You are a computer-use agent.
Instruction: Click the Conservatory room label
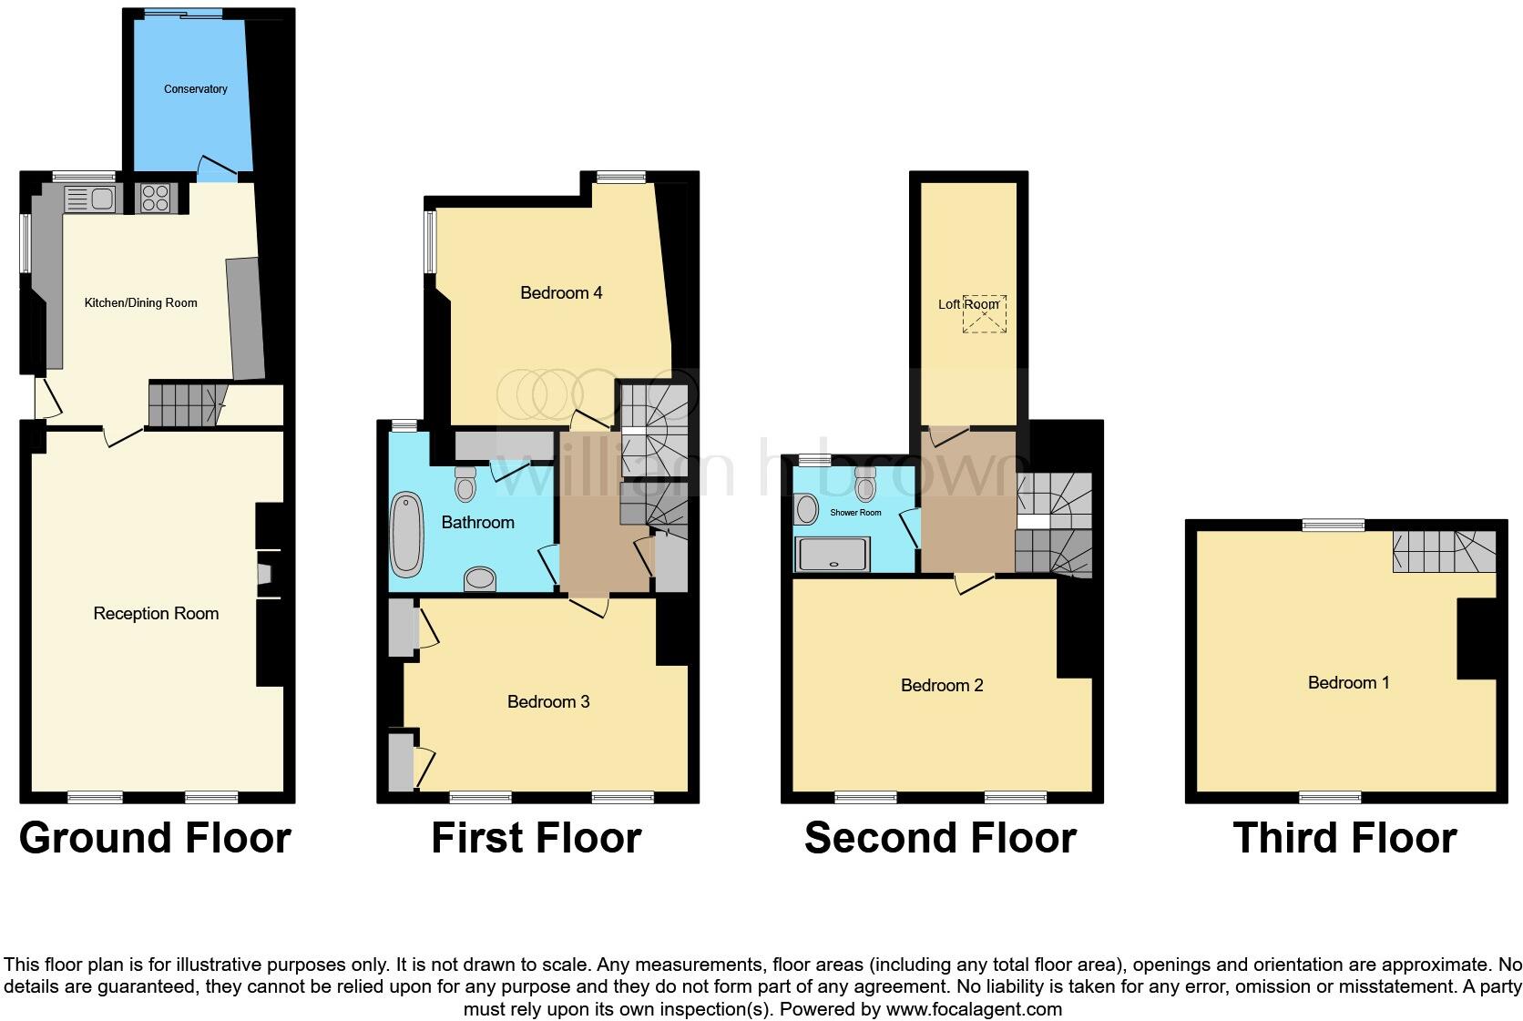point(195,89)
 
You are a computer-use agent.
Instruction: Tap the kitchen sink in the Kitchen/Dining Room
point(89,199)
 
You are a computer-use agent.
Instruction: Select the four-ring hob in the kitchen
point(156,199)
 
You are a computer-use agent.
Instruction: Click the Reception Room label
point(156,614)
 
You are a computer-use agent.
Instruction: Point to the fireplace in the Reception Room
point(264,574)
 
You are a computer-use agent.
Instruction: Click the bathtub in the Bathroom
point(406,536)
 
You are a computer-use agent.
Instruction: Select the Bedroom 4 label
point(560,293)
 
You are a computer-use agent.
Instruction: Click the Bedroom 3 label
point(547,702)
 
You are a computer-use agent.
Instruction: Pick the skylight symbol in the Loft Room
point(985,314)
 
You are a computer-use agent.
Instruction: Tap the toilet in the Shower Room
point(865,487)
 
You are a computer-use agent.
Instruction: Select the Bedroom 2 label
point(941,686)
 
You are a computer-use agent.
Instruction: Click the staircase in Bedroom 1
point(1443,551)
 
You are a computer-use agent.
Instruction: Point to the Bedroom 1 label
point(1348,683)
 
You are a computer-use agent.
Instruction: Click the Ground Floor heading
point(155,838)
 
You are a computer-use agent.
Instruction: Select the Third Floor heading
point(1344,838)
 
